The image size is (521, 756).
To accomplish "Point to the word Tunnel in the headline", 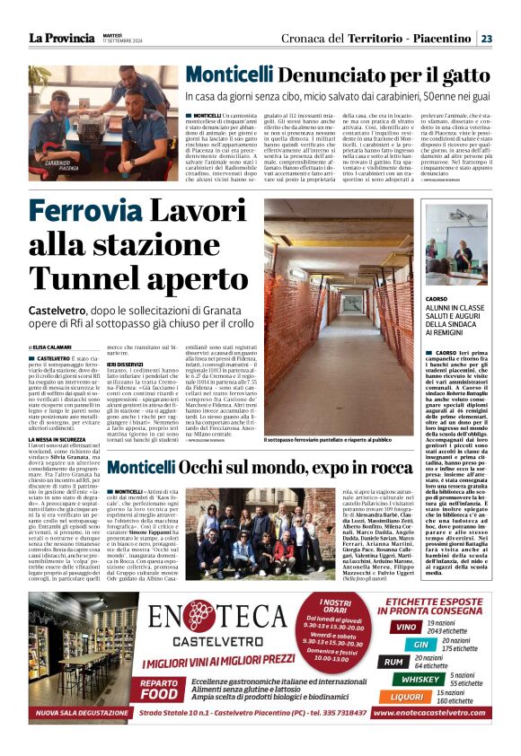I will click(83, 279).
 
